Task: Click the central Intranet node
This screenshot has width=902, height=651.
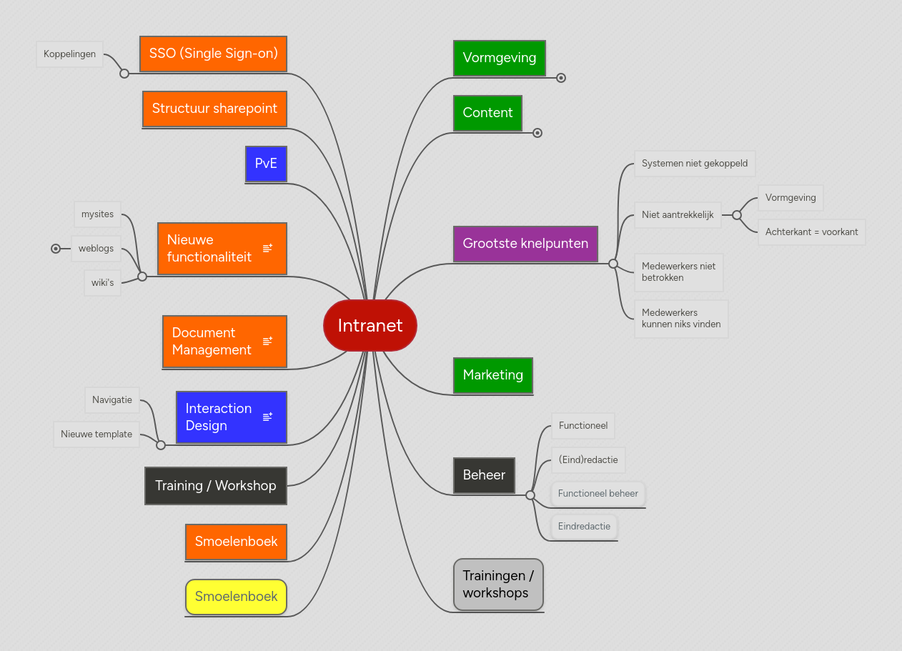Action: pyautogui.click(x=370, y=326)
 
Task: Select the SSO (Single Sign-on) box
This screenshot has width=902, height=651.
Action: pyautogui.click(x=213, y=54)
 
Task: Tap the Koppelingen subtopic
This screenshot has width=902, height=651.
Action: pyautogui.click(x=69, y=54)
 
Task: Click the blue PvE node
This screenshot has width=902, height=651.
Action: pyautogui.click(x=266, y=164)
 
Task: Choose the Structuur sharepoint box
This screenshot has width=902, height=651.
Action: pyautogui.click(x=214, y=109)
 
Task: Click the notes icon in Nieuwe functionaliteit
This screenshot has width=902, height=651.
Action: pyautogui.click(x=267, y=248)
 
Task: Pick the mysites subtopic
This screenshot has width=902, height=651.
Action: pyautogui.click(x=97, y=214)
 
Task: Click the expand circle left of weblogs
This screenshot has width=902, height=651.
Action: pyautogui.click(x=56, y=249)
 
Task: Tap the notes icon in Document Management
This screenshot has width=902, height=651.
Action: pyautogui.click(x=267, y=341)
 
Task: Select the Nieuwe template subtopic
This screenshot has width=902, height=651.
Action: pyautogui.click(x=96, y=434)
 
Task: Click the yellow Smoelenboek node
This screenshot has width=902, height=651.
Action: pyautogui.click(x=236, y=597)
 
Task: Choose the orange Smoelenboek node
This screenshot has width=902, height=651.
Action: pyautogui.click(x=236, y=542)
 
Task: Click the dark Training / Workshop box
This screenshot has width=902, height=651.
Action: pyautogui.click(x=215, y=486)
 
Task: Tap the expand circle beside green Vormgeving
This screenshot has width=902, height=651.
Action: pyautogui.click(x=561, y=78)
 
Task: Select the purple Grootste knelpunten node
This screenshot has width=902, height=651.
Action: pyautogui.click(x=525, y=244)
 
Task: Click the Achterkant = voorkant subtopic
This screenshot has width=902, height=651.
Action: pyautogui.click(x=811, y=232)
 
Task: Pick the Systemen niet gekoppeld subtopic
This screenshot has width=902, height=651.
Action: pyautogui.click(x=694, y=164)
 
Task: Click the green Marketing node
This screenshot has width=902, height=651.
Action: pyautogui.click(x=492, y=375)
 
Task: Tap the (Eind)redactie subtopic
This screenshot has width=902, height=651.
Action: pyautogui.click(x=588, y=460)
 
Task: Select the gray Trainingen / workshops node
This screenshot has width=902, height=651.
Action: pyautogui.click(x=498, y=585)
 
